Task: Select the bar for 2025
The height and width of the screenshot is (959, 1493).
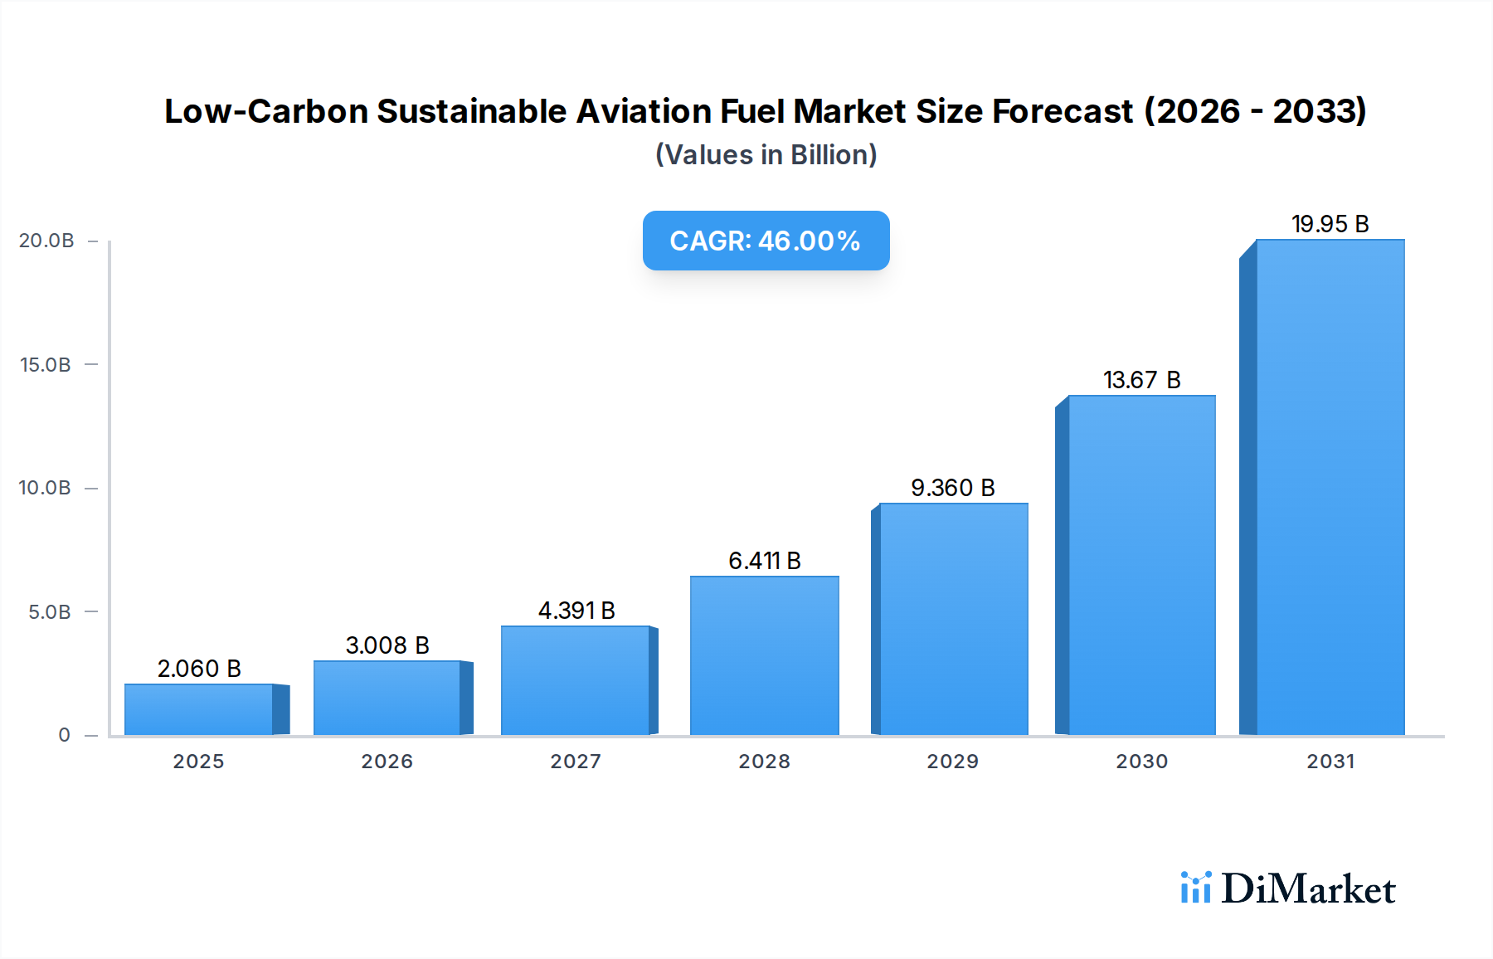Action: point(199,709)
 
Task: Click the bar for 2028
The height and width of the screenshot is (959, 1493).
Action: point(764,655)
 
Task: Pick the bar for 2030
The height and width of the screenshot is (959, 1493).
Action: point(1141,565)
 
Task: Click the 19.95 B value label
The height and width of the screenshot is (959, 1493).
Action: point(1330,224)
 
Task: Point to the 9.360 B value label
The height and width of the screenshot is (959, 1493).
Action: point(952,488)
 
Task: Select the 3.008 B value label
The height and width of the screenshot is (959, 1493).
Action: point(387,645)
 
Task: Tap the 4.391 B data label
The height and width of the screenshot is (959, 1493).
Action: point(576,611)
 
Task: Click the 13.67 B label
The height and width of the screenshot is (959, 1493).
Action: point(1141,380)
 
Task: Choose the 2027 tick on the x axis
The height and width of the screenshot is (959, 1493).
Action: point(576,762)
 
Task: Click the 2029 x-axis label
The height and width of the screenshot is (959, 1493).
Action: point(952,762)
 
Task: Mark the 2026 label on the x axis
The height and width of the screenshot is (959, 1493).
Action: point(387,762)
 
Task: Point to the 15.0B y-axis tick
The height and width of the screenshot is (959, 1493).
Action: point(46,365)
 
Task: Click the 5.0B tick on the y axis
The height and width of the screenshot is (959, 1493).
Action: point(50,612)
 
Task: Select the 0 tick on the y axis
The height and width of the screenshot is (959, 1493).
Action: point(64,735)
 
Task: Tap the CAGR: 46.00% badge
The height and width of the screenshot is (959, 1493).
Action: point(766,241)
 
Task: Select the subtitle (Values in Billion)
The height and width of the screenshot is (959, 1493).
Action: point(766,155)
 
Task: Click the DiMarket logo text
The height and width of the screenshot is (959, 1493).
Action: point(1308,889)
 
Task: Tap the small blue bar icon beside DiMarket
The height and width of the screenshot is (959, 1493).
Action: point(1195,888)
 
